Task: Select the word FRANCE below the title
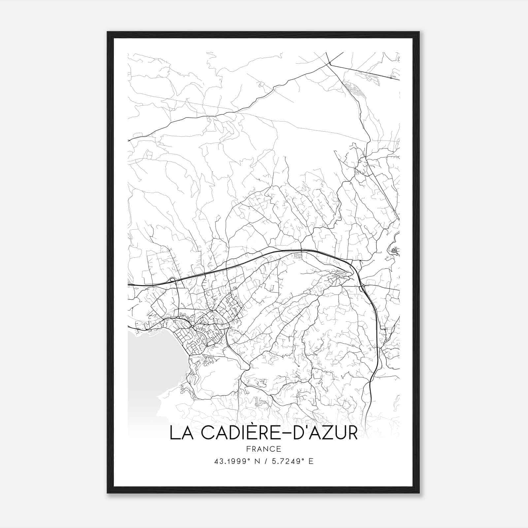263,449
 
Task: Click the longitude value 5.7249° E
292,461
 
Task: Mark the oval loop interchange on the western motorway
172,280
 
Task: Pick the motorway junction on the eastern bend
362,288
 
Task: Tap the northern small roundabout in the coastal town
178,317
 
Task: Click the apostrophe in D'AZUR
305,428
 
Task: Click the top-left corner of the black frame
108,32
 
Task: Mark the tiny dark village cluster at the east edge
394,251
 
